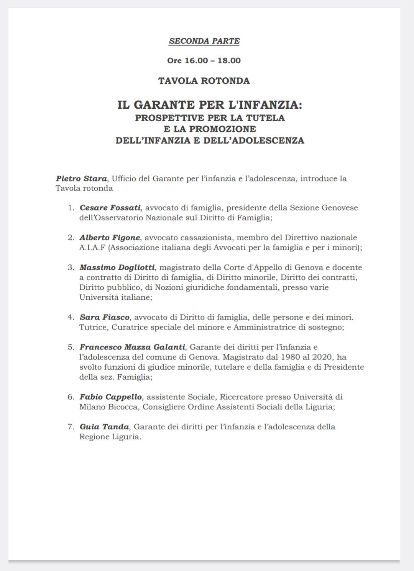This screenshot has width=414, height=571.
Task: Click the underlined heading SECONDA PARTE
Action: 204,41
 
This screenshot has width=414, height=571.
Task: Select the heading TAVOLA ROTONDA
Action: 204,81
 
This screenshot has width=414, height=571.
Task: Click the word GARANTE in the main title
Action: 164,105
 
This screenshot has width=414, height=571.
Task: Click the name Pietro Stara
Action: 81,178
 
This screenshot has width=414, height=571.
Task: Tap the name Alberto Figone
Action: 110,238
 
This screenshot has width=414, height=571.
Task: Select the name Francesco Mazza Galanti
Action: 132,347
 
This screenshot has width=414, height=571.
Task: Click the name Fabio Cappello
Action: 110,397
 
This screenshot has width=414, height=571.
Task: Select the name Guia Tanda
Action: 105,427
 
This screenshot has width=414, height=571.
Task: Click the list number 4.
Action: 71,317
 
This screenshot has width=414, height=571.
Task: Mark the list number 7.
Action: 71,427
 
